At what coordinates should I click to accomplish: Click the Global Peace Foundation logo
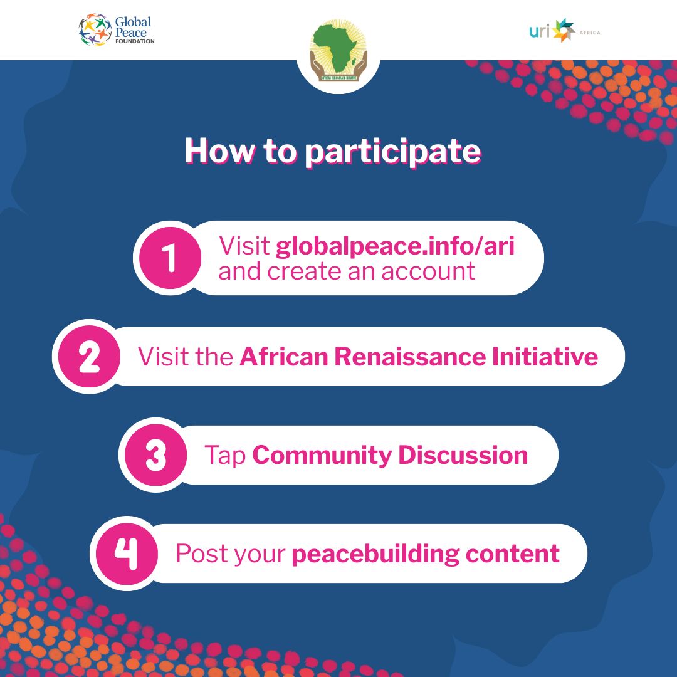(x=117, y=30)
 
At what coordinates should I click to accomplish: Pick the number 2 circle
(x=89, y=357)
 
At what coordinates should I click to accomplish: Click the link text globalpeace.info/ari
(x=395, y=246)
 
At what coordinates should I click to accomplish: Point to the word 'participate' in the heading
(x=393, y=152)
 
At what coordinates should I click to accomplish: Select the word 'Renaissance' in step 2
(x=409, y=357)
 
